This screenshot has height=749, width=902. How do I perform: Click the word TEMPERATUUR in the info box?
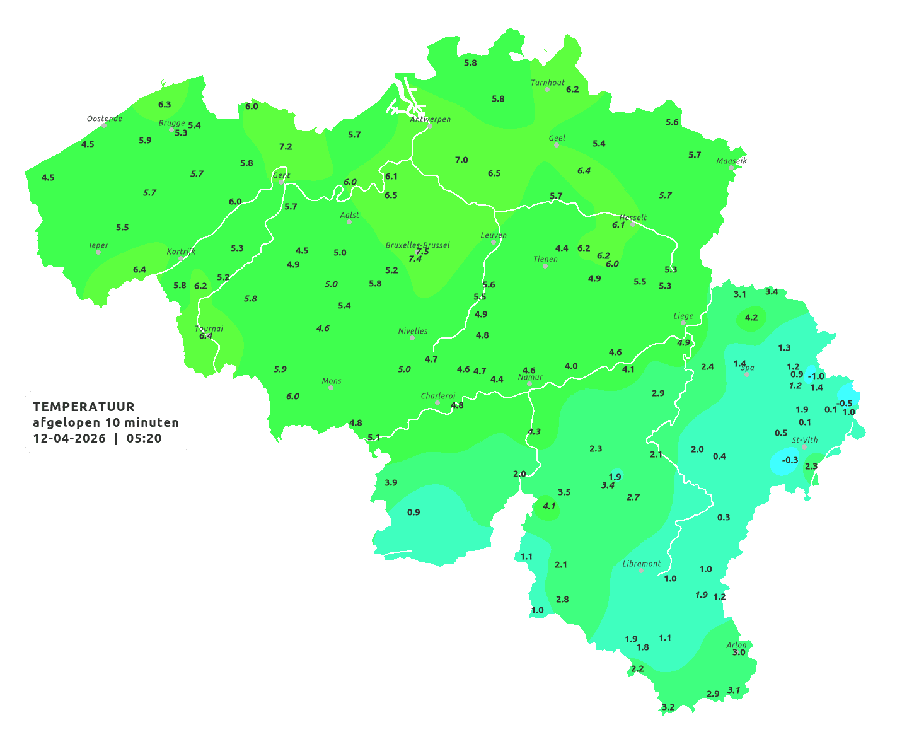click(x=84, y=407)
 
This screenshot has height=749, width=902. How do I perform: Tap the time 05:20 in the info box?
click(x=144, y=438)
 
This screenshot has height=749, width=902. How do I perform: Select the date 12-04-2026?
click(x=69, y=438)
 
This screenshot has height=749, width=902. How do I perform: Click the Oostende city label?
click(x=104, y=119)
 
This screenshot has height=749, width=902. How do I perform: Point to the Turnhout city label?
click(x=548, y=83)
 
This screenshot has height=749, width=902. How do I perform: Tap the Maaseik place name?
click(x=731, y=161)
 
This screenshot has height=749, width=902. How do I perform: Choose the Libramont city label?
click(x=642, y=564)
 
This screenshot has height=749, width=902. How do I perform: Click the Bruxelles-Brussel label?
click(x=418, y=245)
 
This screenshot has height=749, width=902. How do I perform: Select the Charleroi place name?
click(x=438, y=396)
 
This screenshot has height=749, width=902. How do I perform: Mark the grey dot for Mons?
click(x=331, y=388)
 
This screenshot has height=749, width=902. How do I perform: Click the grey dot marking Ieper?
click(x=98, y=252)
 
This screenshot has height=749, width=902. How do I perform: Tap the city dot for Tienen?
click(x=545, y=266)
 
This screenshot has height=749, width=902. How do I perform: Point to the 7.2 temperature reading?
click(x=286, y=147)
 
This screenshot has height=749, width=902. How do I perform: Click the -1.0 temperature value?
click(x=816, y=376)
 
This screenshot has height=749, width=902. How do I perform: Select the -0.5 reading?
click(x=844, y=404)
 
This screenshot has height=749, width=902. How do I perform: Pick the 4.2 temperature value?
click(x=751, y=318)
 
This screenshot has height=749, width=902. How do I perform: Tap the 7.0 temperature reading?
click(x=461, y=160)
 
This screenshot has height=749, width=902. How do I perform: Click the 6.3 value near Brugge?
click(x=165, y=105)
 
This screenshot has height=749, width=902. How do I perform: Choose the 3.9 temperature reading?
click(x=391, y=483)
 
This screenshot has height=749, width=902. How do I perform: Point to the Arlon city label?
click(x=736, y=645)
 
